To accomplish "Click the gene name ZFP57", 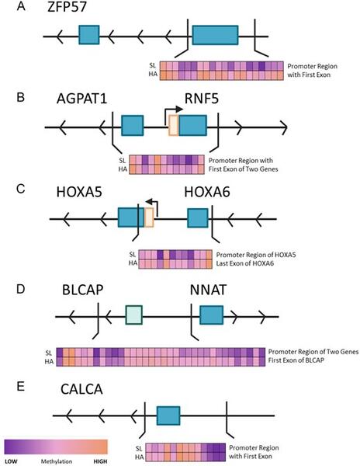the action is pos(67,6).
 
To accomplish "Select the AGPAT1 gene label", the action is pos(81,99).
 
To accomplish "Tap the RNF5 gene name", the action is pos(202,99).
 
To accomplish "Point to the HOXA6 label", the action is pos(207,193).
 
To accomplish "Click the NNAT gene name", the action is pos(209,290).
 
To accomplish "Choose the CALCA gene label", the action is pos(81,389).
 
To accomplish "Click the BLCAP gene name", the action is pos(83,290).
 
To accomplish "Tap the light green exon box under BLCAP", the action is pos(134,315).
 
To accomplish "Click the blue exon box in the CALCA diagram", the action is pos(168,416).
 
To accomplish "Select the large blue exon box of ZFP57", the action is pos(215,35).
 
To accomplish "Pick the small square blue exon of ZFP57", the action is pos(89,35).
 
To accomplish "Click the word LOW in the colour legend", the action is pos(11,461).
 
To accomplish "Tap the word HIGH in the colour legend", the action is pos(100,461).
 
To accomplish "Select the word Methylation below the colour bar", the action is pos(57,461).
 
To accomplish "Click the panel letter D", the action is pos(20,289).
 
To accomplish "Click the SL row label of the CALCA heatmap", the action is pos(139,448).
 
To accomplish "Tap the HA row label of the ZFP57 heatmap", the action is pos(153,74).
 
